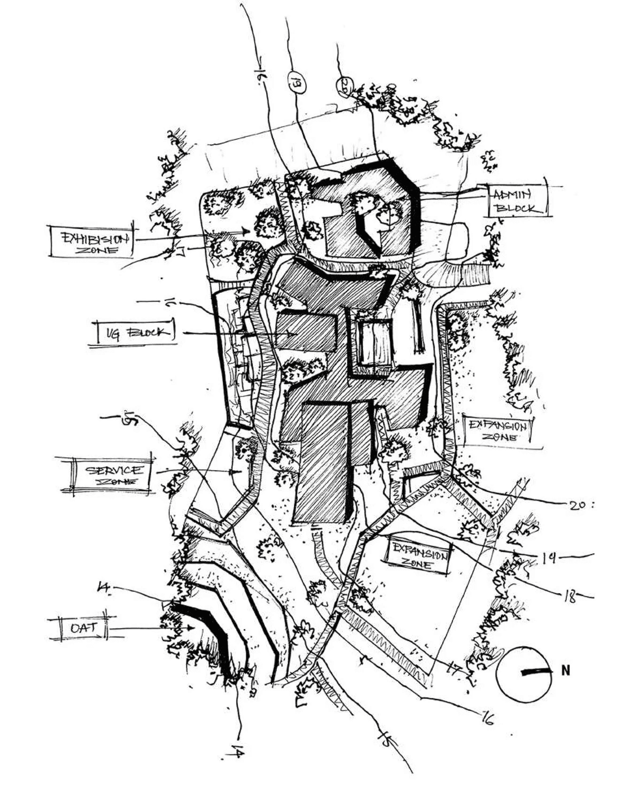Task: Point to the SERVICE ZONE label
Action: pyautogui.click(x=113, y=474)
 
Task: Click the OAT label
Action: pyautogui.click(x=84, y=628)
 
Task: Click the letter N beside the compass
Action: pyautogui.click(x=566, y=671)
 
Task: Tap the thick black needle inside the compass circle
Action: pyautogui.click(x=535, y=672)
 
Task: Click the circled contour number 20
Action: pyautogui.click(x=345, y=86)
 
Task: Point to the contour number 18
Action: pyautogui.click(x=569, y=597)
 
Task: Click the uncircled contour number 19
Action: pyautogui.click(x=549, y=558)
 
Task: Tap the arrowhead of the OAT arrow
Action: pyautogui.click(x=191, y=628)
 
